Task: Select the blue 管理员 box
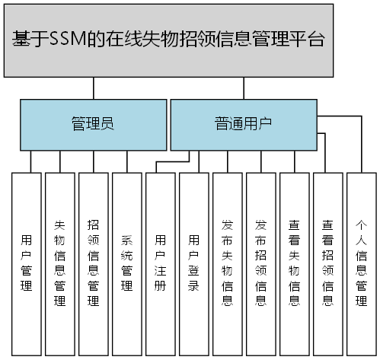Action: click(92, 124)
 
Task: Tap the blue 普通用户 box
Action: click(242, 124)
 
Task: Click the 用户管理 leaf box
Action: click(27, 263)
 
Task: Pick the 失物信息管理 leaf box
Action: click(60, 263)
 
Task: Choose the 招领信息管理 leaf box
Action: click(94, 263)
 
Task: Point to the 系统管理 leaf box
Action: click(127, 263)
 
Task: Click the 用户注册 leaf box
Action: click(160, 263)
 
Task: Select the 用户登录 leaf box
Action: click(193, 263)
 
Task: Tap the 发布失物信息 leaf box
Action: click(227, 263)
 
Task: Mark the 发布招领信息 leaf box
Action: click(260, 263)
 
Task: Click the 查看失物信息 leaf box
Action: click(294, 263)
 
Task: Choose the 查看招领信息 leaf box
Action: click(327, 263)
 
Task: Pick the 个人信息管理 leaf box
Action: click(361, 263)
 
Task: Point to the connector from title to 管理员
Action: click(93, 88)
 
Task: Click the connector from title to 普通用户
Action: click(242, 88)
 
